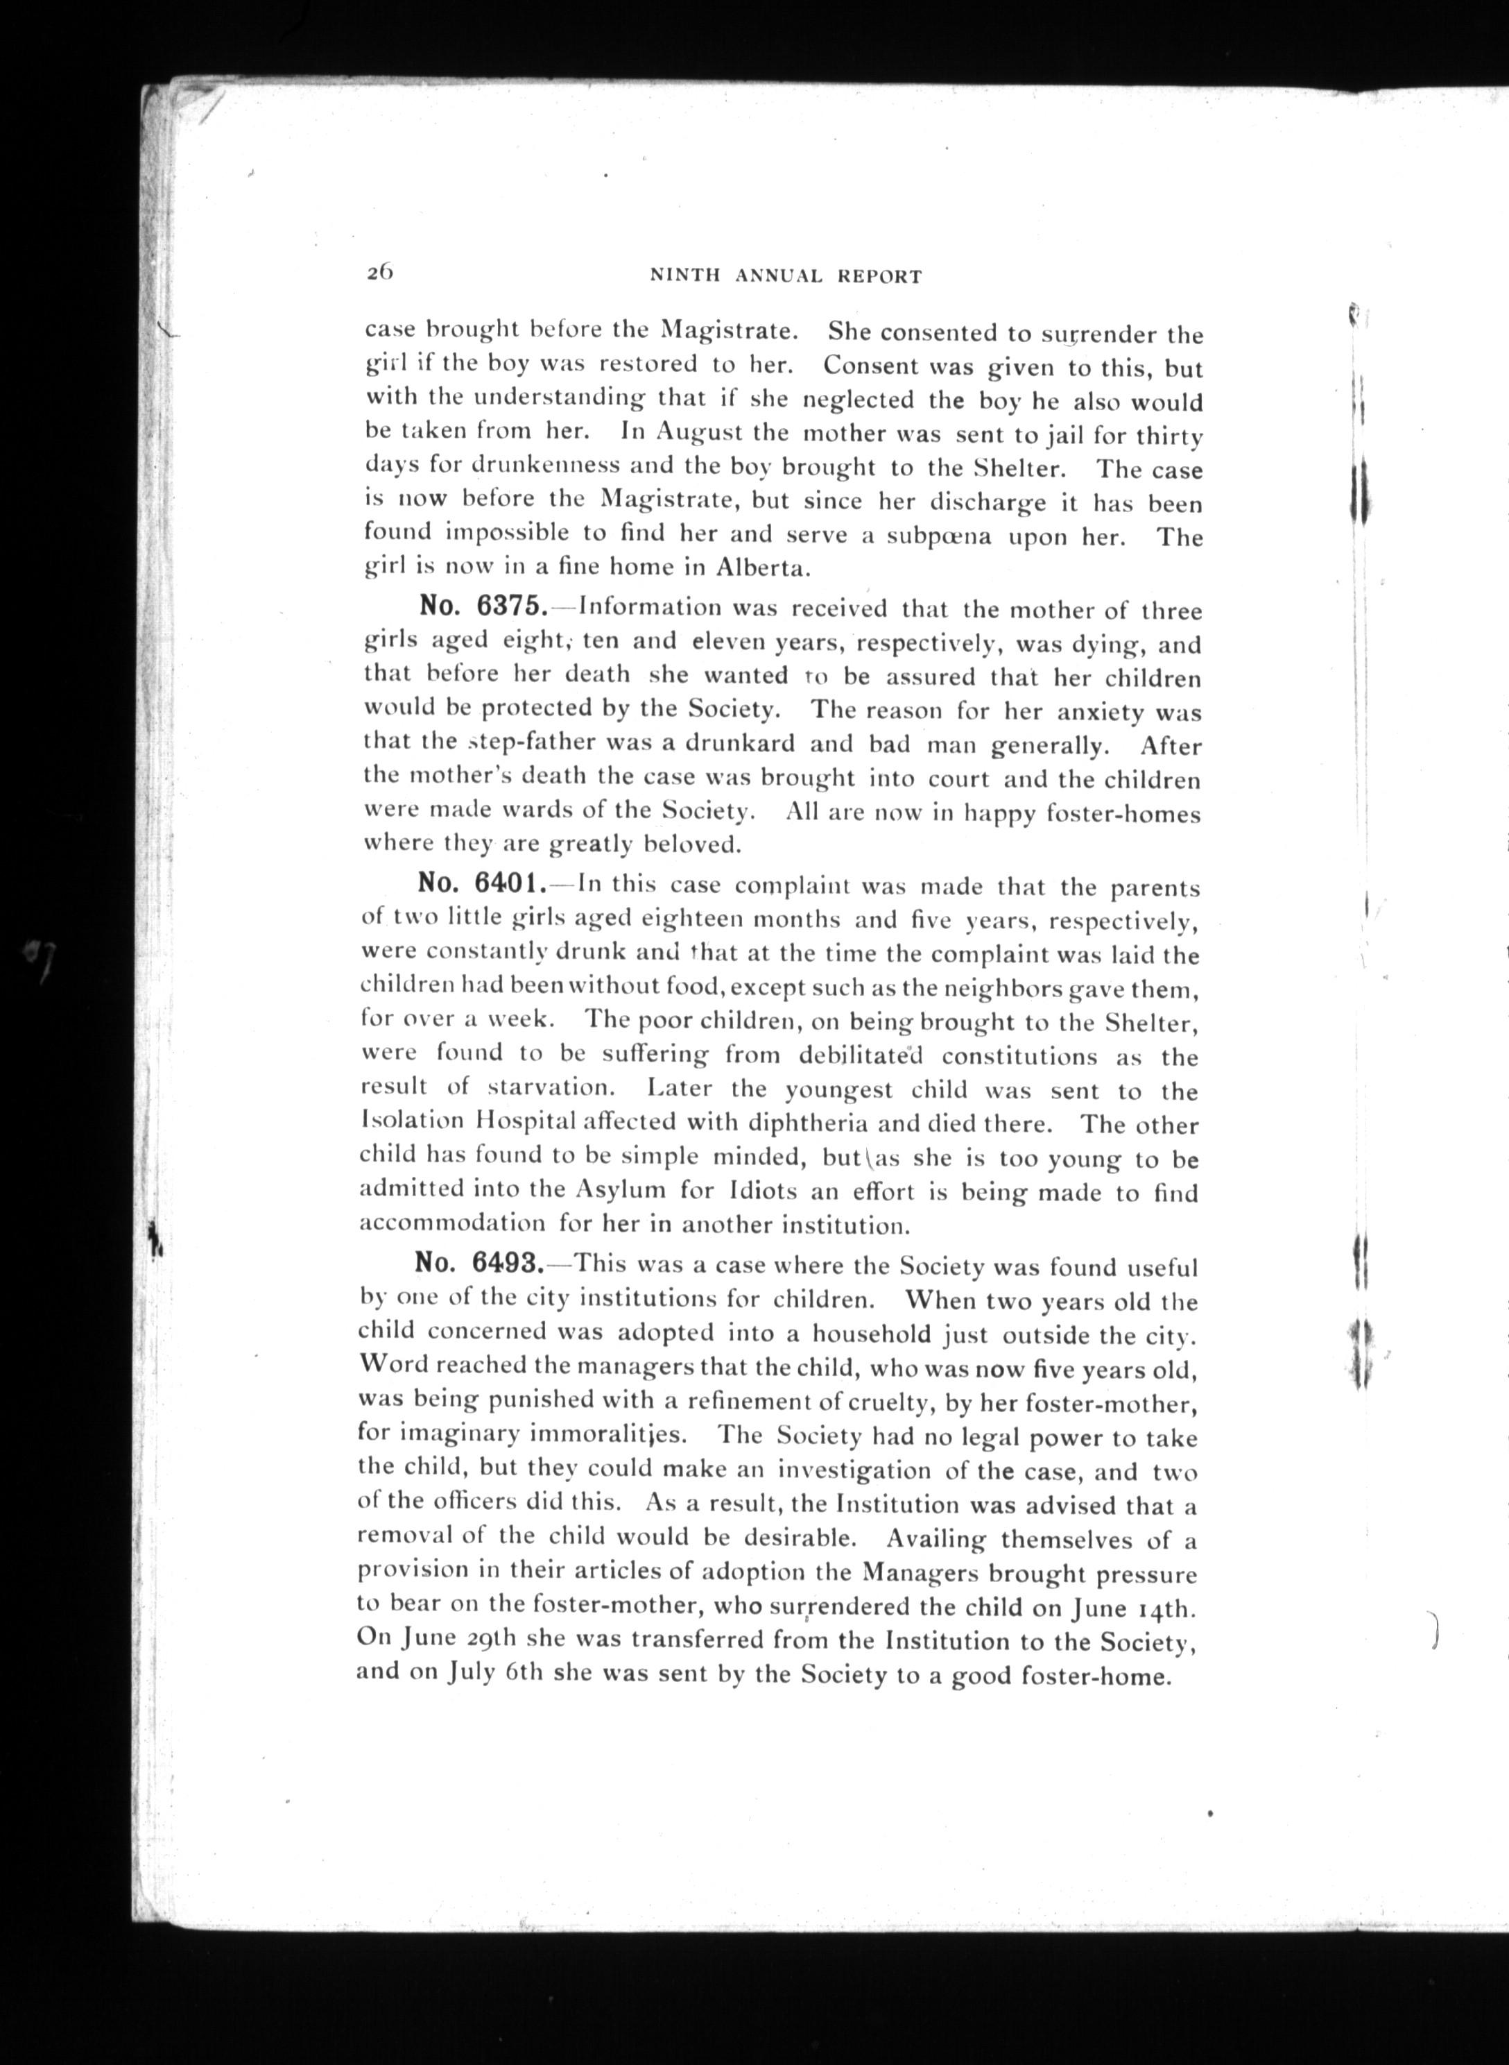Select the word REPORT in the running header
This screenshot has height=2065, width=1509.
click(x=879, y=277)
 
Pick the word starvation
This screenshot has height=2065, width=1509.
click(x=547, y=1088)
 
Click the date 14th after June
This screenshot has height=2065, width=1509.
click(x=1166, y=1607)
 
